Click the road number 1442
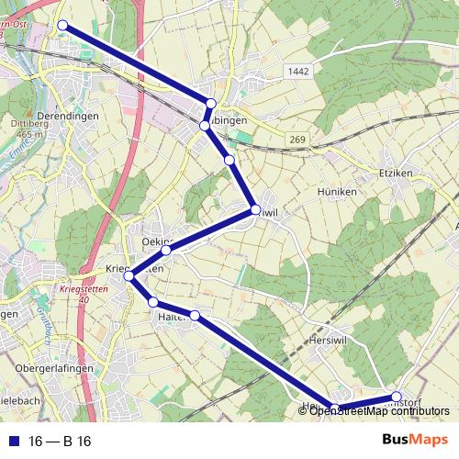click(297, 71)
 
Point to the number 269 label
click(296, 139)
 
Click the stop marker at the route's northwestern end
click(63, 26)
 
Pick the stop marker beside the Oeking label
click(166, 250)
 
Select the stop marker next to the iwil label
click(256, 211)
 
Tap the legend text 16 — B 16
click(59, 442)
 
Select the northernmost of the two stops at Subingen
click(211, 104)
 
